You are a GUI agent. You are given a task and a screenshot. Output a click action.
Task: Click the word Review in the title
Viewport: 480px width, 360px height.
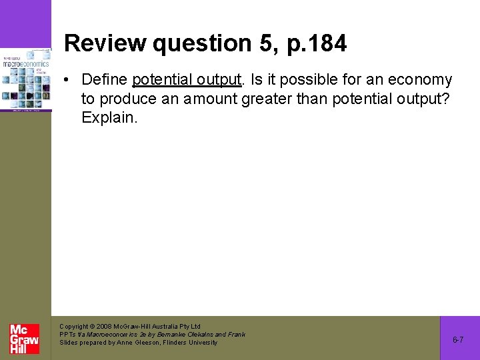(x=105, y=44)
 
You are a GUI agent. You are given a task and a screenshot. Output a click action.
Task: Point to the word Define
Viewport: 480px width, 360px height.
(x=105, y=80)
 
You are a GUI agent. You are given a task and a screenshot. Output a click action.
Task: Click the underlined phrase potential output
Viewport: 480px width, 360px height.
(x=187, y=80)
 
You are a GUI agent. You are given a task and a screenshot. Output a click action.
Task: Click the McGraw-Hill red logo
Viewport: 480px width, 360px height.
(x=25, y=339)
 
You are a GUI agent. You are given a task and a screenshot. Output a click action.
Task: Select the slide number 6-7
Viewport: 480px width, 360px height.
(x=459, y=340)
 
